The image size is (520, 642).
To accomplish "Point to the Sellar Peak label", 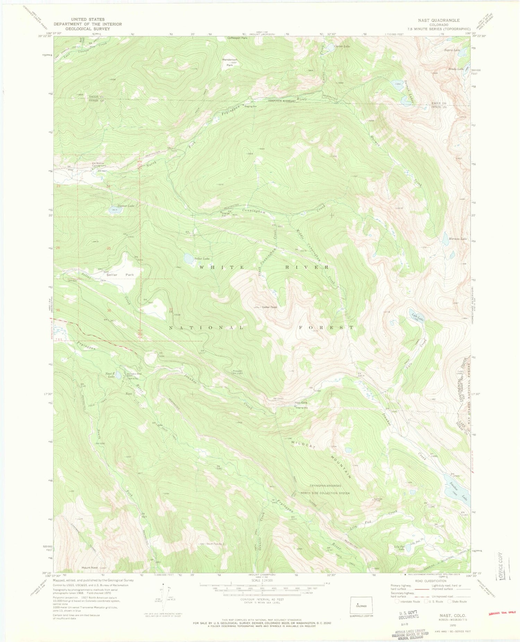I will pyautogui.click(x=269, y=307).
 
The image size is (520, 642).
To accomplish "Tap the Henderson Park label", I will pyautogui.click(x=229, y=62).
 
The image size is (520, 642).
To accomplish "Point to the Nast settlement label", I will pyautogui.click(x=129, y=394).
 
